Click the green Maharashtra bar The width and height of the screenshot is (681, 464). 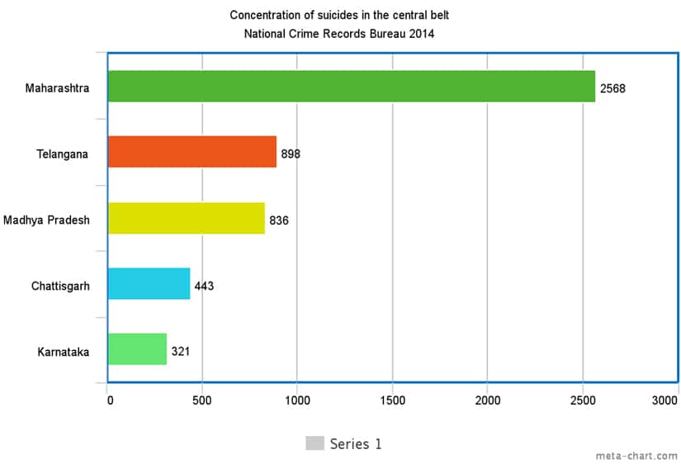[x=351, y=87]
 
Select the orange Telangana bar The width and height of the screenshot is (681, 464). [x=192, y=152]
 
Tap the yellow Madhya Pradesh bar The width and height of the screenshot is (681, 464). [x=187, y=219]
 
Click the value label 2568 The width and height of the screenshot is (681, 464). [x=613, y=88]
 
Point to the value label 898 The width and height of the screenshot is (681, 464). [x=291, y=154]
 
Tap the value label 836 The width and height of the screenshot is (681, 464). [x=279, y=220]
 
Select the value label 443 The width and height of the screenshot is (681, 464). [x=205, y=286]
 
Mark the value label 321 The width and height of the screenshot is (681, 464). [x=181, y=352]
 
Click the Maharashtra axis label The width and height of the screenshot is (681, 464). [x=57, y=88]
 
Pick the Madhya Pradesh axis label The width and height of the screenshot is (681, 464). [x=46, y=220]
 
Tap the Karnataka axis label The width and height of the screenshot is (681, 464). [x=64, y=353]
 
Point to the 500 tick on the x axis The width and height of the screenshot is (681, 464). [x=201, y=400]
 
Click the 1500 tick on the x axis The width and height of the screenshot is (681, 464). [x=392, y=400]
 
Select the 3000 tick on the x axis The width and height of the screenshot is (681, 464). [x=664, y=400]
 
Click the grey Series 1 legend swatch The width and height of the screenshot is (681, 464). [x=314, y=443]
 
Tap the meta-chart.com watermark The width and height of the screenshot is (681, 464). [x=636, y=456]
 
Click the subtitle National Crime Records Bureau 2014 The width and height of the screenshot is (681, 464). [x=339, y=34]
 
